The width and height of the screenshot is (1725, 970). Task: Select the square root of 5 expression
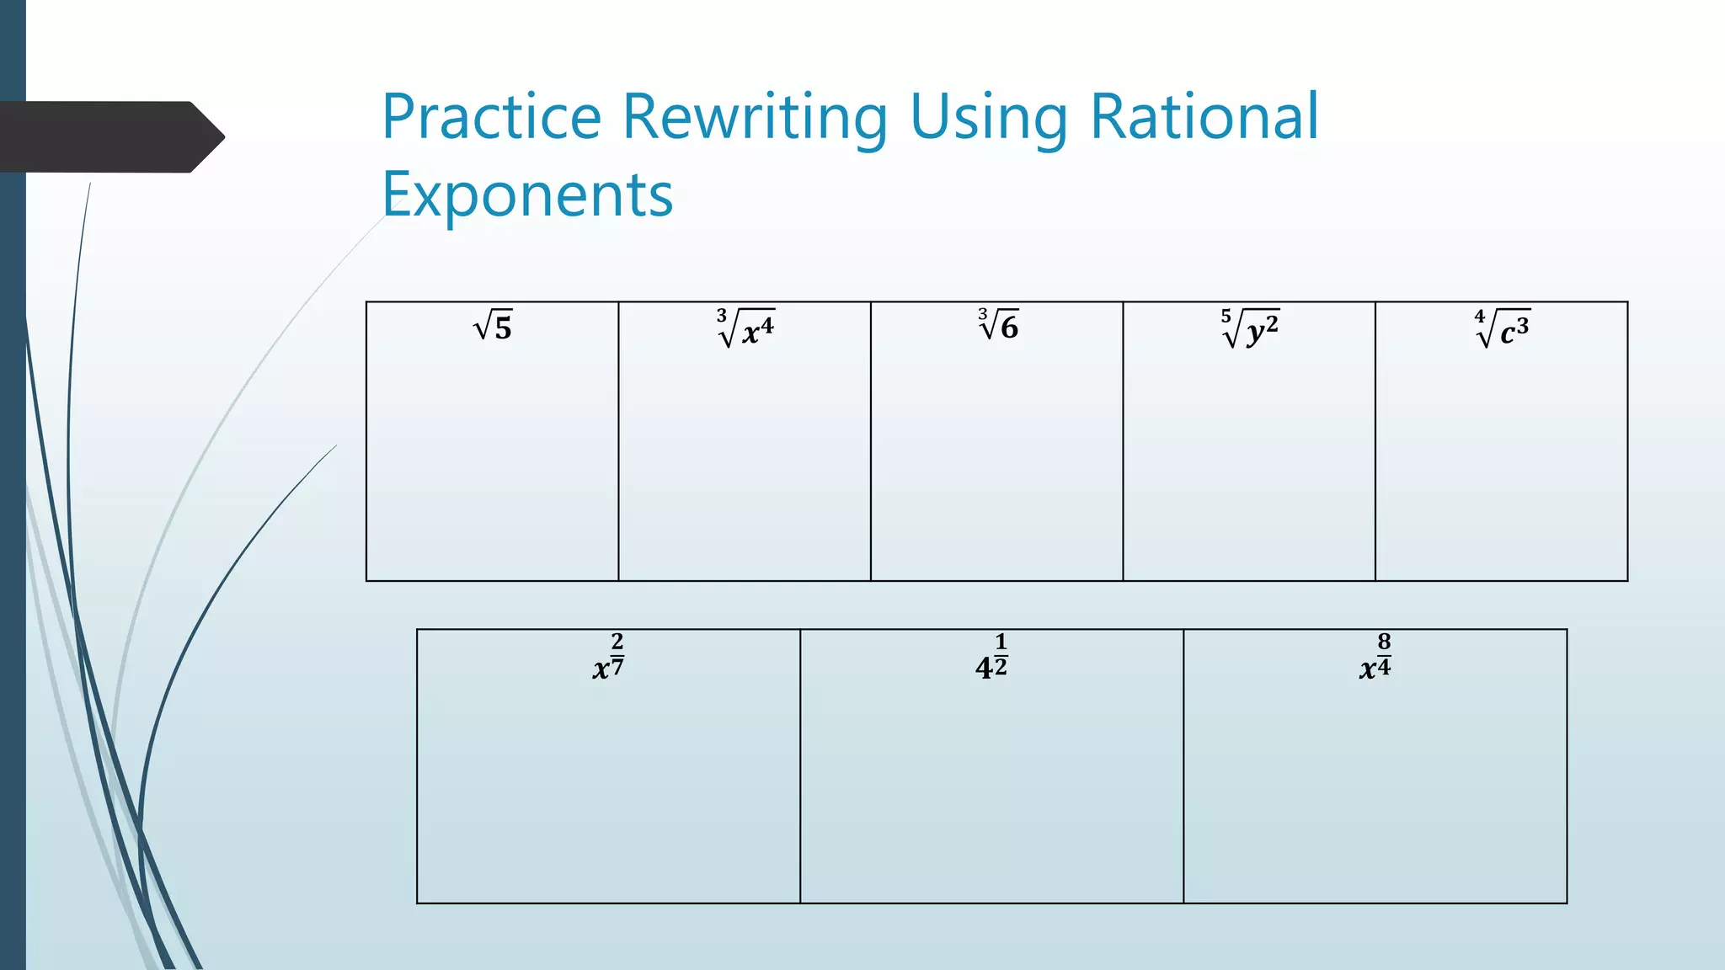pyautogui.click(x=493, y=327)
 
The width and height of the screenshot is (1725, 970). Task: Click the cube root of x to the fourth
pyautogui.click(x=745, y=328)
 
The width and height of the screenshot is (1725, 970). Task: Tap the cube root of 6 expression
pyautogui.click(x=998, y=325)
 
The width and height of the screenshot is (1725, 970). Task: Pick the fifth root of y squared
pyautogui.click(x=1250, y=328)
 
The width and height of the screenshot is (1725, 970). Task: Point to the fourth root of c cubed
pyautogui.click(x=1503, y=328)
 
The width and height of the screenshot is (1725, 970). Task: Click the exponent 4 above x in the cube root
pyautogui.click(x=767, y=322)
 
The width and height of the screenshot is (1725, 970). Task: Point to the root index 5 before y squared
pyautogui.click(x=1226, y=316)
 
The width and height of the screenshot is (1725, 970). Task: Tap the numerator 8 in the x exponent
pyautogui.click(x=1384, y=642)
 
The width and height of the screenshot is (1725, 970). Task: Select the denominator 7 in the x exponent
pyautogui.click(x=617, y=668)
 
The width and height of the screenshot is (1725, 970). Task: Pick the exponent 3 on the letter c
pyautogui.click(x=1523, y=323)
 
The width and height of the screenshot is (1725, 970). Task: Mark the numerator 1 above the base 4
pyautogui.click(x=1001, y=642)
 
